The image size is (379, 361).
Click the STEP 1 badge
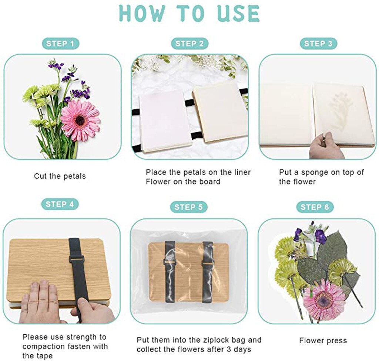tap(60, 44)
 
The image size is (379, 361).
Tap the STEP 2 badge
tap(189, 44)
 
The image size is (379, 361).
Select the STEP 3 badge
tap(318, 44)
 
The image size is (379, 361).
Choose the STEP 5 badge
tap(189, 207)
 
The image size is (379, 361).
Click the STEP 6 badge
tap(315, 207)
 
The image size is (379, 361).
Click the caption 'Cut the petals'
tap(60, 176)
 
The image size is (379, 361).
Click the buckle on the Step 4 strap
tap(77, 259)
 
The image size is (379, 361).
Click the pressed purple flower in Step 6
tap(320, 236)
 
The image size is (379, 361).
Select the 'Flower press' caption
tap(323, 341)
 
